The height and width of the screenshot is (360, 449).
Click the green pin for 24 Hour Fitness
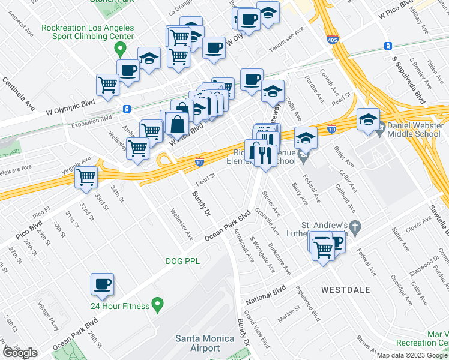pos(158,305)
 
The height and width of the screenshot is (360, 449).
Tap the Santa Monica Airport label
pos(205,343)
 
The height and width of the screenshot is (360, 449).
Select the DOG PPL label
pos(182,261)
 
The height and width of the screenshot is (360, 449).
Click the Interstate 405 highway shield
pos(332,40)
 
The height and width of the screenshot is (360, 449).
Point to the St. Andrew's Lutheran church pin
pos(355,226)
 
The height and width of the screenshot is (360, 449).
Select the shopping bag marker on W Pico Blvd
pos(178,125)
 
